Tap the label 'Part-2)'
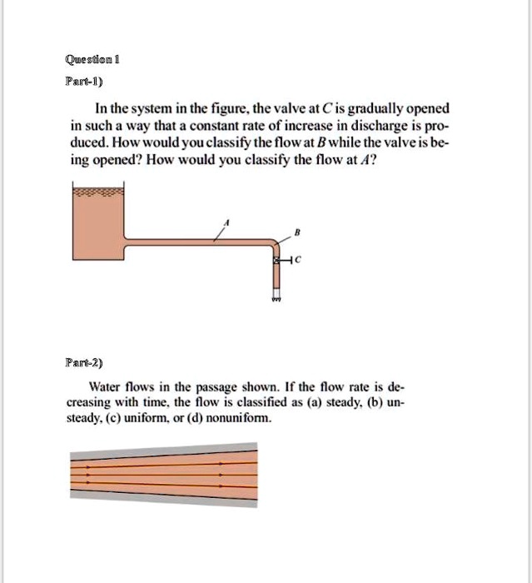[85, 364]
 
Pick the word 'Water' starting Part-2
[105, 387]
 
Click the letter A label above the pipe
[228, 222]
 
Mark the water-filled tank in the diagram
[97, 221]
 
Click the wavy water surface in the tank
[97, 192]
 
